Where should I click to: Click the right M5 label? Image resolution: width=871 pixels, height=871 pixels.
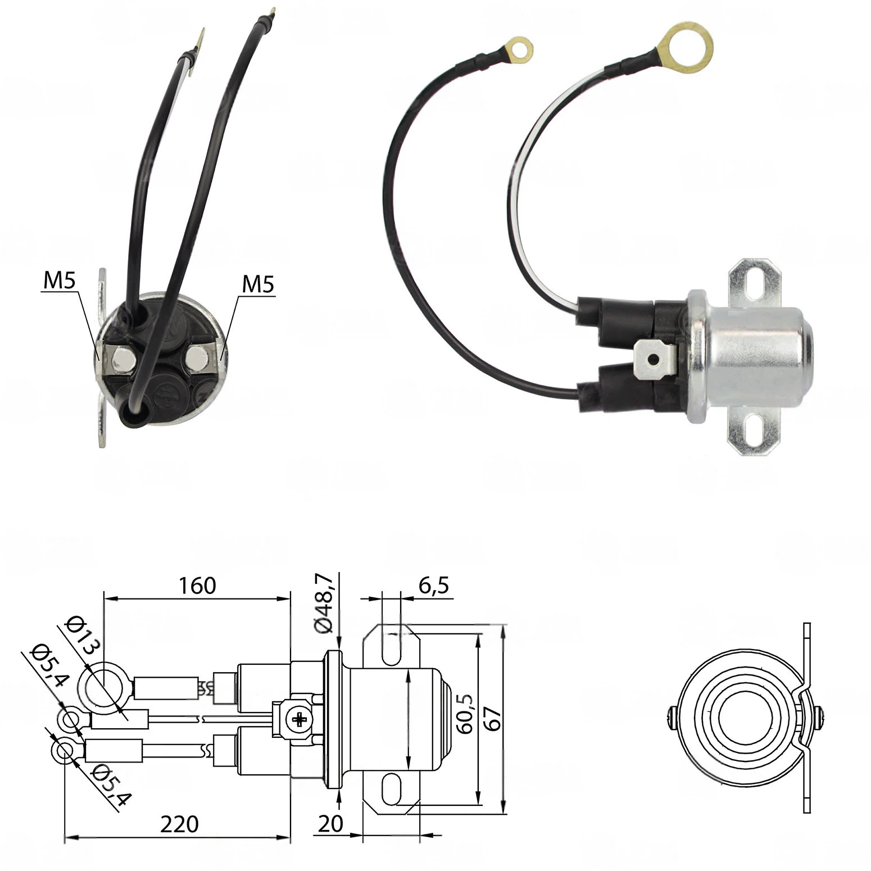point(258,285)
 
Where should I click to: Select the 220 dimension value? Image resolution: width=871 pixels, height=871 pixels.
point(179,824)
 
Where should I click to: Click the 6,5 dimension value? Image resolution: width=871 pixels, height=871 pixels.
point(433,586)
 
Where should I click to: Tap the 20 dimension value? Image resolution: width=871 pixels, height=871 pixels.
point(330,824)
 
